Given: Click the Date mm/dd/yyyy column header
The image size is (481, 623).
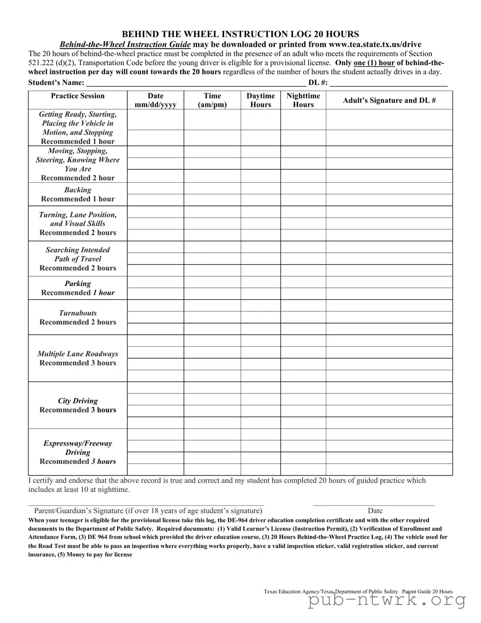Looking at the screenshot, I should (x=155, y=100).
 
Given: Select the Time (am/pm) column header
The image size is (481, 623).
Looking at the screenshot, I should (x=212, y=100).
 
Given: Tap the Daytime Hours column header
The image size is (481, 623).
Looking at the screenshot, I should (x=260, y=100).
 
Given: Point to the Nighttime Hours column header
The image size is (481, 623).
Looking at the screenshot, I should (x=303, y=100).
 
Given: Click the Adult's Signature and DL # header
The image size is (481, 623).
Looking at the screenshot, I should (x=389, y=100).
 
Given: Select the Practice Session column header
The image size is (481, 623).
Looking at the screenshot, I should (x=78, y=96).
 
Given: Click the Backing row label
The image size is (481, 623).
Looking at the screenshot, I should (x=78, y=194).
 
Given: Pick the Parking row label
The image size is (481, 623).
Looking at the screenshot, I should (x=78, y=288).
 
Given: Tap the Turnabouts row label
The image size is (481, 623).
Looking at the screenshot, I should (x=78, y=317).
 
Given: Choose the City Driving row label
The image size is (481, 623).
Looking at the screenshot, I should (x=78, y=405).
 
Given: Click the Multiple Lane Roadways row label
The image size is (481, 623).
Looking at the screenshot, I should (x=78, y=358).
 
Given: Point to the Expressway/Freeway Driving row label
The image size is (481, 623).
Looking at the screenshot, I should (x=78, y=452).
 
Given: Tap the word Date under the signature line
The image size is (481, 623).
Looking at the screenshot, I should (x=375, y=511).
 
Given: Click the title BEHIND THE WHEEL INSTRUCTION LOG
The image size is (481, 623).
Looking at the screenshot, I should (x=240, y=34).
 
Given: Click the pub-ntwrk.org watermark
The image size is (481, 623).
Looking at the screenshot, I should (x=387, y=600).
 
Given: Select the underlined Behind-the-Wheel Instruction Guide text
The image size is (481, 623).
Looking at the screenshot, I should (x=125, y=44).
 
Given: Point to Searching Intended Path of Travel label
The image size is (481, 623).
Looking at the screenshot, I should (x=78, y=259).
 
